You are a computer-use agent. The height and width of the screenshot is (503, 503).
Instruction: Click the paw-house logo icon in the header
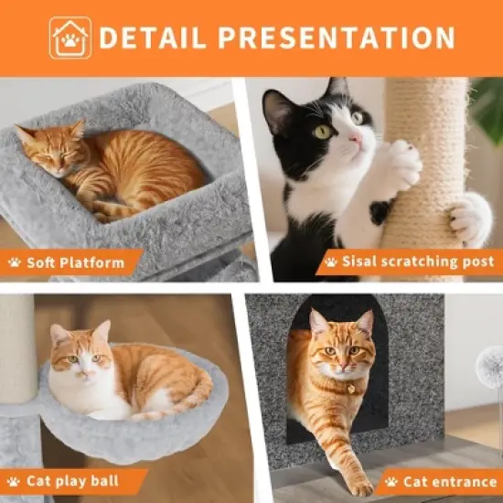[70, 37]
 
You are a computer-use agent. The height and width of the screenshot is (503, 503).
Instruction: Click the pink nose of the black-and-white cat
[352, 139]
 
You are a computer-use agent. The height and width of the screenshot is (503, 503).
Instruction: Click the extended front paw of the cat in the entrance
[361, 483]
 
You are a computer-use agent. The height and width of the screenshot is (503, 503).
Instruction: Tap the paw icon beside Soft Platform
[15, 262]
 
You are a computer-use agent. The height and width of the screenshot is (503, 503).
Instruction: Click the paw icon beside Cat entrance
[392, 481]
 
